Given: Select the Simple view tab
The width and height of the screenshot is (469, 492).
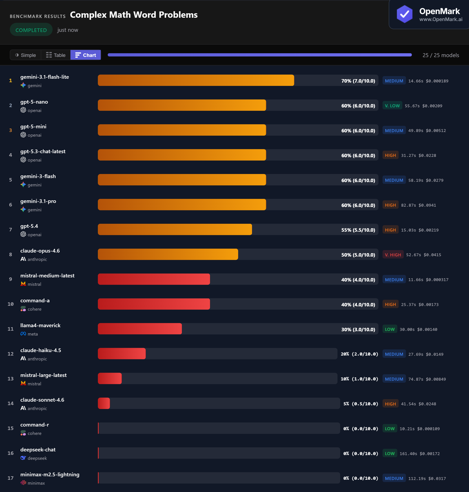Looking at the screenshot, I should pos(25,55).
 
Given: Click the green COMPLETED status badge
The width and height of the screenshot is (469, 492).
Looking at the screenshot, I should pos(31,30).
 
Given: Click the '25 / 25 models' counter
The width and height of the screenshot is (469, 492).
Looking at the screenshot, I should pos(440,55).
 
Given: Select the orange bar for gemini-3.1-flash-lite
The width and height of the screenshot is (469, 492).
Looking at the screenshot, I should pos(196,80).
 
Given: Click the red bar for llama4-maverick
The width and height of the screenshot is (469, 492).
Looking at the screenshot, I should pos(140,329).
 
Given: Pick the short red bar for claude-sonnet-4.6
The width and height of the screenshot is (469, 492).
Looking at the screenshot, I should pos(104,403).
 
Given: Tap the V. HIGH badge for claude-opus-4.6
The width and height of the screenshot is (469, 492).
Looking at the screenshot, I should pos(393,255).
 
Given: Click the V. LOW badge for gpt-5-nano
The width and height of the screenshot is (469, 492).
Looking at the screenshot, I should pos(392,105).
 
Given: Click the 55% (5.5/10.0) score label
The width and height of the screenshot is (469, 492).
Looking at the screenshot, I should pos(358,230).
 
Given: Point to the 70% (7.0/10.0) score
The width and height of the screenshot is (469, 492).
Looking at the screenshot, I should pos(358,81).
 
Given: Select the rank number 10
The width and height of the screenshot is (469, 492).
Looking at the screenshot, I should pos(10,304).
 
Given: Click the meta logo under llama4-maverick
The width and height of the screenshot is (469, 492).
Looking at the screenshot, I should pos(23,334).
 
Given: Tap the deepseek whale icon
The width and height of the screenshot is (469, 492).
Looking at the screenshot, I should pos(23,458).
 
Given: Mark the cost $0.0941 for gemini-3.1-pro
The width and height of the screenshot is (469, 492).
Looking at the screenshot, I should pos(427,205).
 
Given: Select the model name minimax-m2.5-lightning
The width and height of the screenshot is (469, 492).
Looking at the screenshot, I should pos(50,474).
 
